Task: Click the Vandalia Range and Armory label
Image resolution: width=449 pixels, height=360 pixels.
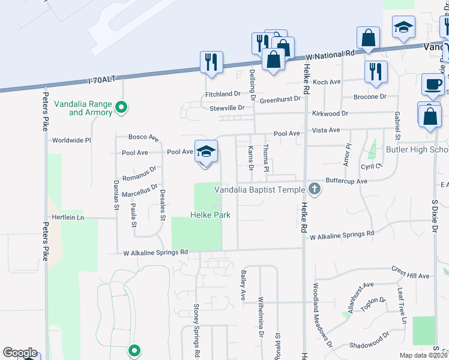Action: (x=83, y=108)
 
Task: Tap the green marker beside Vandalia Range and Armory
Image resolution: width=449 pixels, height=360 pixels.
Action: (x=121, y=108)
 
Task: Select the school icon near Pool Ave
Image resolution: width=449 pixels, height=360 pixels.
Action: (x=206, y=151)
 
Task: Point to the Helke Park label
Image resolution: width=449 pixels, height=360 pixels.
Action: (x=211, y=215)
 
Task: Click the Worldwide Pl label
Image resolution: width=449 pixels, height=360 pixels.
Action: (x=71, y=140)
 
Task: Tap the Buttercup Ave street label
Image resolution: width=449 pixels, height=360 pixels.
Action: (x=346, y=181)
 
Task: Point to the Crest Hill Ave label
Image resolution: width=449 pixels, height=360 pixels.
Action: (x=411, y=276)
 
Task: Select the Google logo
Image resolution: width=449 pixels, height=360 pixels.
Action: (x=20, y=353)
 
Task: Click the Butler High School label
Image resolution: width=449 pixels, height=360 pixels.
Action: (x=417, y=149)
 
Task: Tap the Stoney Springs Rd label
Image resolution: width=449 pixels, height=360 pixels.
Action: (x=196, y=328)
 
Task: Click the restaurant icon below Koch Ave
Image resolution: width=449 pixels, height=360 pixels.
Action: (x=376, y=71)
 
